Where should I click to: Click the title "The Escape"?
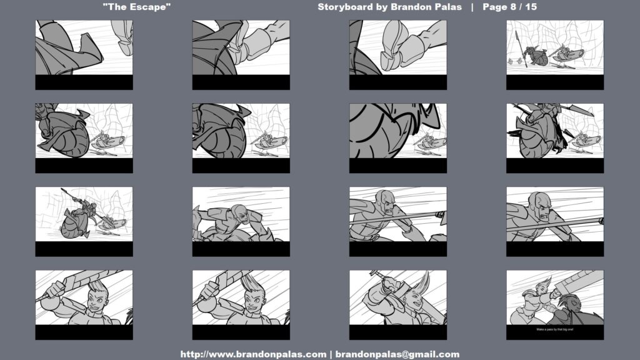[137, 7]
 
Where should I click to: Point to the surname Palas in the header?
[447, 7]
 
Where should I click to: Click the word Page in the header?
[495, 7]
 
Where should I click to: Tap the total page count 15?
[531, 7]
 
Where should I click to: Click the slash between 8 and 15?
[521, 7]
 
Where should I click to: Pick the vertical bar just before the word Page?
[472, 7]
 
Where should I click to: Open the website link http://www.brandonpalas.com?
[254, 354]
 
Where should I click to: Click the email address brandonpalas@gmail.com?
[397, 354]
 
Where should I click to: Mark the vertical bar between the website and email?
[331, 354]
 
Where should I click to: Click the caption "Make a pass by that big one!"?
[555, 329]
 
